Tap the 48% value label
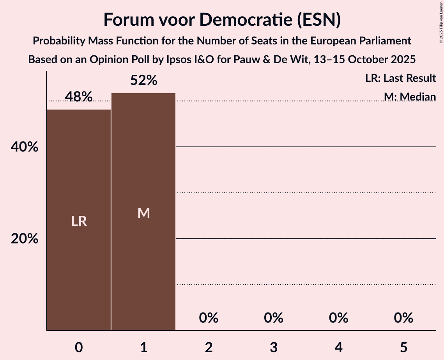point(79,97)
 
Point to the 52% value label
point(143,80)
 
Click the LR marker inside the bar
point(79,221)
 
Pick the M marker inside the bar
point(143,213)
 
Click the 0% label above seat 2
point(209,318)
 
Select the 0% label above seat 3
point(273,318)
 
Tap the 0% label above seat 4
point(338,318)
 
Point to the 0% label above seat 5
point(403,318)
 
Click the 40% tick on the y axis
point(25,147)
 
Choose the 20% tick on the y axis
point(25,239)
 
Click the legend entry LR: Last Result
point(400,78)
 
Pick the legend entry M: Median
point(410,97)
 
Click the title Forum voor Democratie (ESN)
point(222,20)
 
